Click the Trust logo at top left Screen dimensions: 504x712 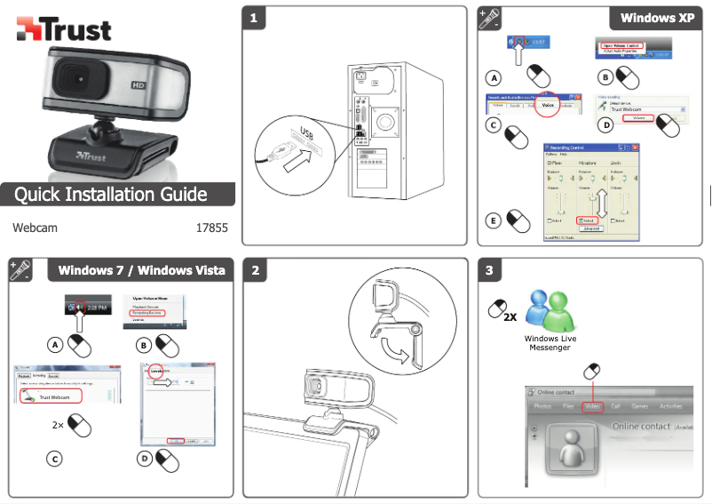pyautogui.click(x=63, y=29)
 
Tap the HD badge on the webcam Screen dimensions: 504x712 pyautogui.click(x=138, y=86)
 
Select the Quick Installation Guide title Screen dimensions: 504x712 pyautogui.click(x=111, y=195)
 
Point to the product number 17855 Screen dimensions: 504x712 pyautogui.click(x=211, y=228)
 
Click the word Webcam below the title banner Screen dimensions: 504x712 pyautogui.click(x=35, y=228)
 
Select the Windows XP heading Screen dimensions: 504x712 pyautogui.click(x=656, y=18)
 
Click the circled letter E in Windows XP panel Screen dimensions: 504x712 pyautogui.click(x=494, y=219)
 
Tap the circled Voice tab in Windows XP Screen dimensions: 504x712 pyautogui.click(x=548, y=105)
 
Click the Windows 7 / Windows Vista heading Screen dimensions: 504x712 pyautogui.click(x=141, y=270)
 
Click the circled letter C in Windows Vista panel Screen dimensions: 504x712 pyautogui.click(x=55, y=459)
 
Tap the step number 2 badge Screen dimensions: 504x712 pyautogui.click(x=256, y=270)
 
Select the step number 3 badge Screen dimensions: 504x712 pyautogui.click(x=491, y=270)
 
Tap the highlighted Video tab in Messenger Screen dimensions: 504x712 pyautogui.click(x=592, y=406)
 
